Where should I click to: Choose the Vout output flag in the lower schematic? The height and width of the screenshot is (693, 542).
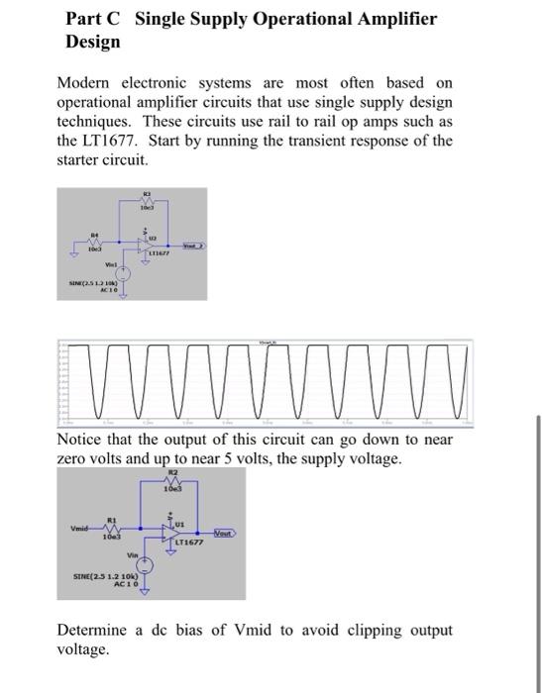[x=222, y=532]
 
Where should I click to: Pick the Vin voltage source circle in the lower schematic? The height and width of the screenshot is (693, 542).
[x=144, y=565]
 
